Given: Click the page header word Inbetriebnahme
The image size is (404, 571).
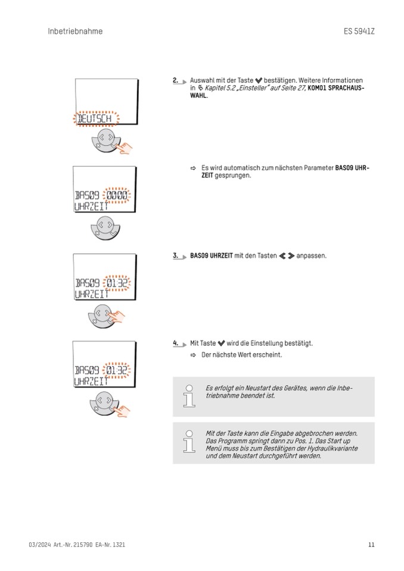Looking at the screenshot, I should tap(75, 31).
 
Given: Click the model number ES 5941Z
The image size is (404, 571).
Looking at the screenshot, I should tap(359, 31).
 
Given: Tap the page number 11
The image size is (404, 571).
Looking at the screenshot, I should tap(371, 544).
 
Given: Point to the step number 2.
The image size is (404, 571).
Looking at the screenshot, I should tap(176, 80).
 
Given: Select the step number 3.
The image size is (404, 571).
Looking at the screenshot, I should tap(176, 255).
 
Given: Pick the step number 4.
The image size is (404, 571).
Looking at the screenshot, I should tap(176, 343).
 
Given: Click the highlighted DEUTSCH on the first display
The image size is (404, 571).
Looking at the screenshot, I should tap(96, 119).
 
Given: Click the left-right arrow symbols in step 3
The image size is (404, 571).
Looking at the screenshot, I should tap(287, 256).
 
